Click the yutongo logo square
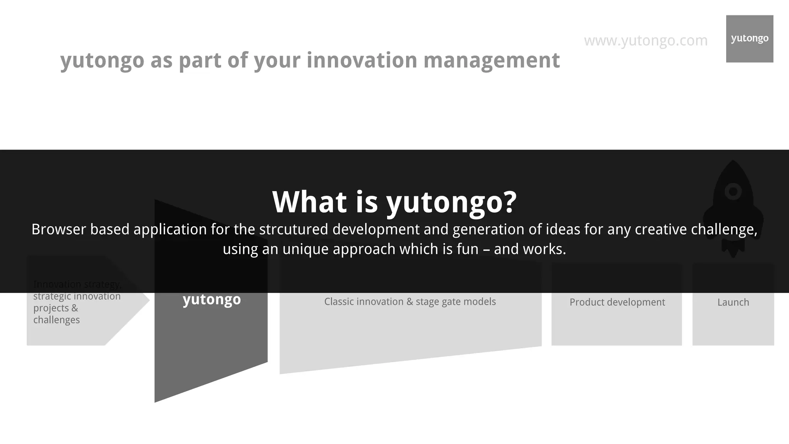click(x=749, y=39)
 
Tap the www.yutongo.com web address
click(x=646, y=40)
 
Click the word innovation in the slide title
click(x=362, y=61)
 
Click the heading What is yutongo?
click(x=394, y=202)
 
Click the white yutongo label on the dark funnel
click(x=212, y=299)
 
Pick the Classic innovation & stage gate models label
click(x=410, y=301)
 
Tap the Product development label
click(x=617, y=302)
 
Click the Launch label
click(x=733, y=302)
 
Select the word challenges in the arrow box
click(x=57, y=320)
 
